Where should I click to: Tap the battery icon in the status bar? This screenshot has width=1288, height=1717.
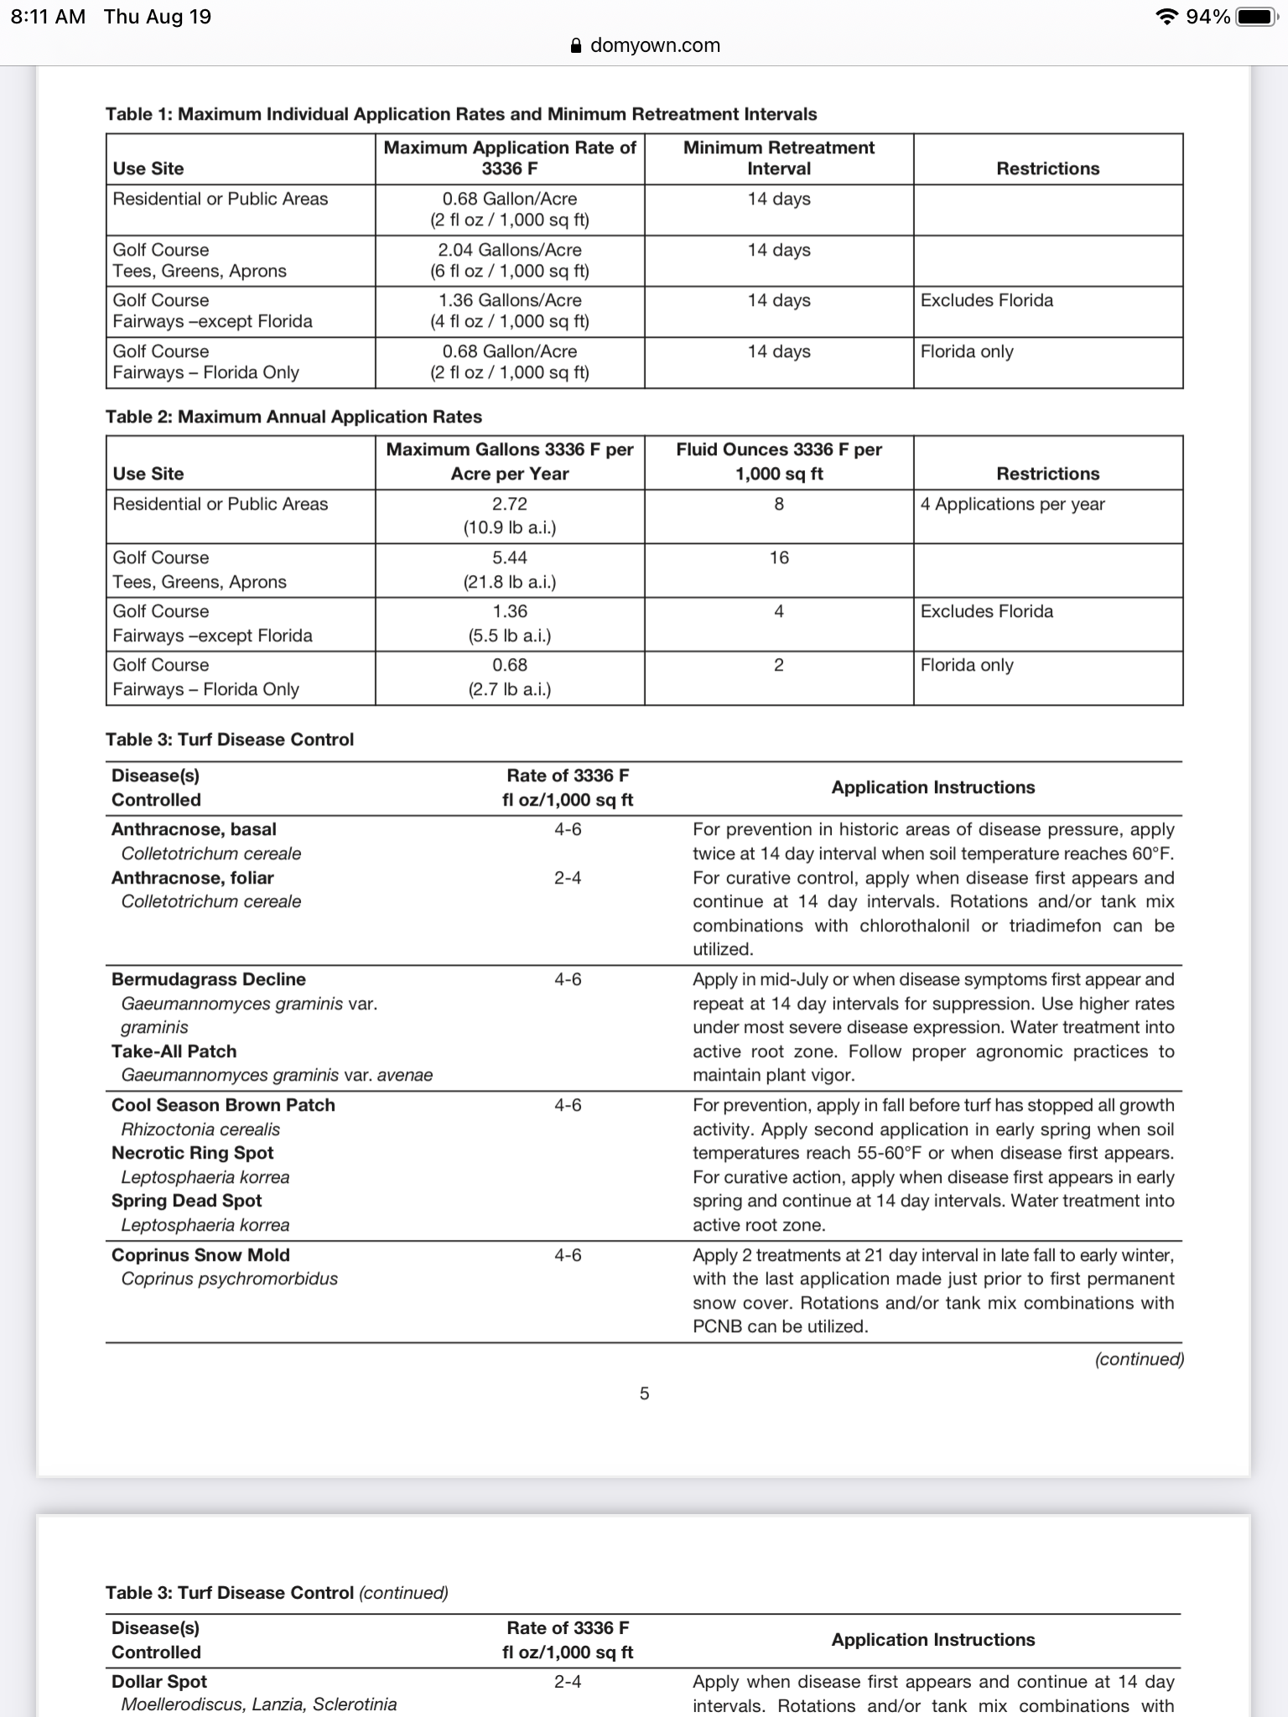[x=1257, y=17]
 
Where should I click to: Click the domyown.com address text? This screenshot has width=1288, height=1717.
[x=655, y=45]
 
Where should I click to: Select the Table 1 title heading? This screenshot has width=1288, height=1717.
[x=460, y=114]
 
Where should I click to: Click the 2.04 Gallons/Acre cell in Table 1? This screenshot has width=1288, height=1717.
[x=510, y=250]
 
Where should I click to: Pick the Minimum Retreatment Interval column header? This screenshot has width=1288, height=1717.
[x=778, y=158]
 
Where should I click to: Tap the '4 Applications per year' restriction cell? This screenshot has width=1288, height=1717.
[x=1012, y=504]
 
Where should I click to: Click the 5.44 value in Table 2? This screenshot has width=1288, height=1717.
[x=510, y=558]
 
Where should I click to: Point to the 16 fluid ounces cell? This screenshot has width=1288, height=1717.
[x=778, y=558]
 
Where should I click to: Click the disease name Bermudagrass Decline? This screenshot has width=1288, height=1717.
[x=209, y=979]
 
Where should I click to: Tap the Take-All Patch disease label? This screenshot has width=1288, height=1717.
[x=174, y=1051]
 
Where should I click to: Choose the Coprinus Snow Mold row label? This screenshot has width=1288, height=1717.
[x=200, y=1255]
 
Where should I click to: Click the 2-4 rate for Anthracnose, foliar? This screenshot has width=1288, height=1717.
[x=568, y=878]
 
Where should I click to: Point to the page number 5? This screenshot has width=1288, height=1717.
[x=644, y=1393]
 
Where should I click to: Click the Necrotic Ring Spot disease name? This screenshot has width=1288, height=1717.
[x=193, y=1153]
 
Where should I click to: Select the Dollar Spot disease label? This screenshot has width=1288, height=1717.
[x=159, y=1682]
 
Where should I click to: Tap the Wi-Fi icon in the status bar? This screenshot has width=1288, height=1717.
[x=1166, y=17]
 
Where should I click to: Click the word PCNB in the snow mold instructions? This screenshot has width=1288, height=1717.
[x=717, y=1326]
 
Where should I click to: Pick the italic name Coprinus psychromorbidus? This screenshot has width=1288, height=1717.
[x=229, y=1279]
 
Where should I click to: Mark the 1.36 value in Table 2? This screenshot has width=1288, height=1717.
[x=510, y=611]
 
